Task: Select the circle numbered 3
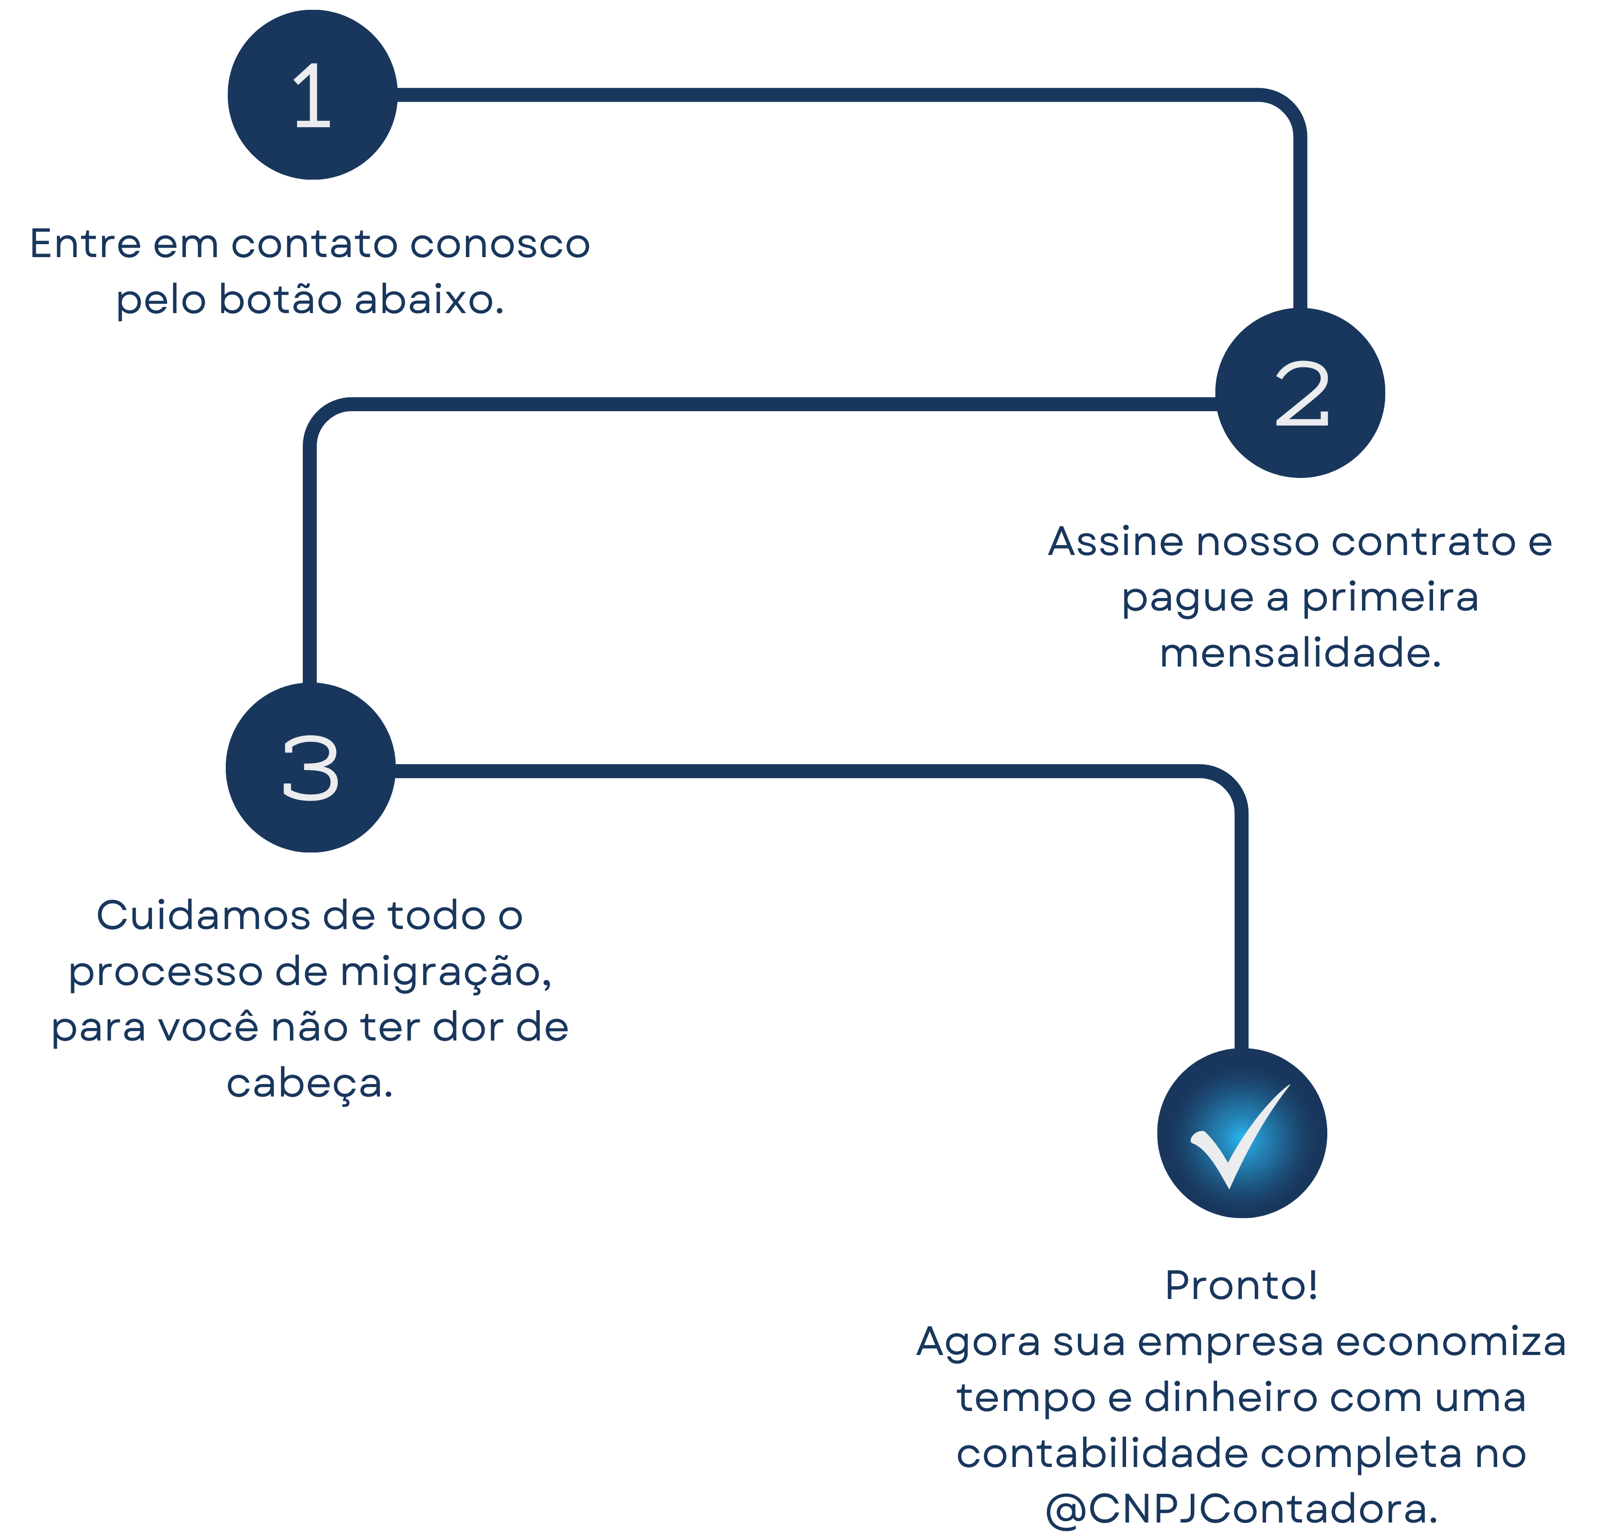310,768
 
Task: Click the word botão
280,299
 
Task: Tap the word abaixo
429,299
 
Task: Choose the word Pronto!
1240,1286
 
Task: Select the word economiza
1451,1342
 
